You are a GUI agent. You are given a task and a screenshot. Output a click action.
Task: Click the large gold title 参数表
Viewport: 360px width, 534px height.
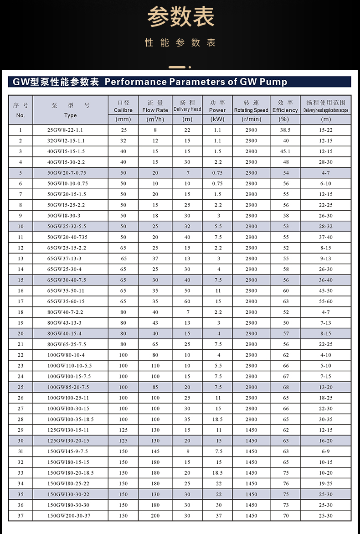point(180,18)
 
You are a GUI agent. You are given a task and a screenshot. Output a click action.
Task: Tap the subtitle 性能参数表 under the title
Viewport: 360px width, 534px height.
point(180,43)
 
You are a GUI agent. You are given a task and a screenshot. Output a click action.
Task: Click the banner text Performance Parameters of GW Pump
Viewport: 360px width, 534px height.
point(196,82)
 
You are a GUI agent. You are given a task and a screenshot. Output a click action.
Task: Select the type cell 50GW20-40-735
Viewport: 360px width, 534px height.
point(67,237)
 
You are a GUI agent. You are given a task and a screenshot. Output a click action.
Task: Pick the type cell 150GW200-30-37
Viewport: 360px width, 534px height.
point(69,516)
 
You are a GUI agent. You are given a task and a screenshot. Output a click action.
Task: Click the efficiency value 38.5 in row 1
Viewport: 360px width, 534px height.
point(285,130)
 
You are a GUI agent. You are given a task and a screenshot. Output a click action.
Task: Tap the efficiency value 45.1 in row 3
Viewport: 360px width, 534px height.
point(285,151)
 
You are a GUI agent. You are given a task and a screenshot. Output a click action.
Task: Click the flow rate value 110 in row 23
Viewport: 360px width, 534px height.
point(155,366)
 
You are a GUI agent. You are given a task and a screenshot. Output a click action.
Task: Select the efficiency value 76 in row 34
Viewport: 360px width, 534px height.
point(286,483)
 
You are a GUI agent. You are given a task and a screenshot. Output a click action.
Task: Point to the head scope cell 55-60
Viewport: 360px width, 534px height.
point(326,301)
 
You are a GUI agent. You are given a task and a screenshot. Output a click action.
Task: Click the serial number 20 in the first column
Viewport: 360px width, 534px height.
point(21,333)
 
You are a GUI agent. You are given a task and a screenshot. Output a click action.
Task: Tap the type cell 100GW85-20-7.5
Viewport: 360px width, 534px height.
point(68,387)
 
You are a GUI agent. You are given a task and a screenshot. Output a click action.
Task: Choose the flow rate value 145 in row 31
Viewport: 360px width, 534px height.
point(155,451)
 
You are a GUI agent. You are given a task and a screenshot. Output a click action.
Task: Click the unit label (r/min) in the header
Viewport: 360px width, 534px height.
point(251,119)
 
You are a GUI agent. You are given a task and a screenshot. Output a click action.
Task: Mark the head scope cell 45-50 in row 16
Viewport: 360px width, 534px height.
point(326,290)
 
